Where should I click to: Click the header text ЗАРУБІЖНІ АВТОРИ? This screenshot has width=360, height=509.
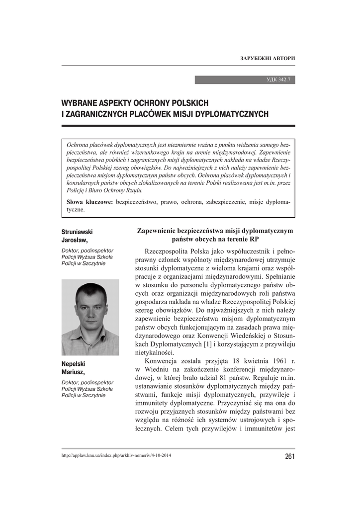[268, 59]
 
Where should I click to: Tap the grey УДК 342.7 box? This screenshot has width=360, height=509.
[245, 80]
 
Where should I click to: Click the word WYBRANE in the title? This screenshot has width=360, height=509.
[81, 103]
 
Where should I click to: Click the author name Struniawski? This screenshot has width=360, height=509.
[77, 232]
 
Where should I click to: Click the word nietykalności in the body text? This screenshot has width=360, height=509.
[154, 352]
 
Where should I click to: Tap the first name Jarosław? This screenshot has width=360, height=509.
[74, 240]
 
